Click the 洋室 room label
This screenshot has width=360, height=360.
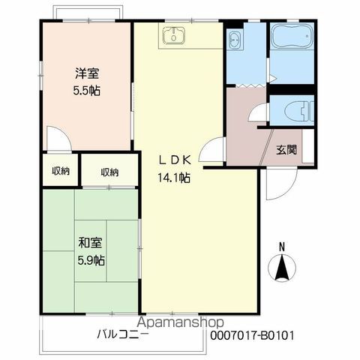click(x=87, y=73)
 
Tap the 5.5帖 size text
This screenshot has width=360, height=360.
click(x=87, y=91)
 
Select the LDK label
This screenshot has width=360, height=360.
click(x=175, y=160)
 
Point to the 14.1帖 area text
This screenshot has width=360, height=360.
click(x=174, y=178)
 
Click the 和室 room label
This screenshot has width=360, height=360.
click(x=90, y=243)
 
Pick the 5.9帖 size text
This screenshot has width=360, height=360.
click(x=91, y=260)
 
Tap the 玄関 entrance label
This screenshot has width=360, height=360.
click(x=286, y=149)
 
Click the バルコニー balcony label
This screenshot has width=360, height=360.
click(x=122, y=334)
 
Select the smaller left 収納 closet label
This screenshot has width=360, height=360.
click(x=61, y=171)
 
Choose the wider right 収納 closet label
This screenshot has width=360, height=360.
click(x=109, y=172)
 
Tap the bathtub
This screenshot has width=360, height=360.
click(x=292, y=35)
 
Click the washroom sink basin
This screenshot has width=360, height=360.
click(x=235, y=40)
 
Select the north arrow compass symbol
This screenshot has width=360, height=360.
click(x=282, y=268)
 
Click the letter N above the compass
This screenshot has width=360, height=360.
click(x=282, y=247)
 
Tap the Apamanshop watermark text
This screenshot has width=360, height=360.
click(x=181, y=322)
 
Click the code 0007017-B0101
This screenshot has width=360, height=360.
click(x=252, y=335)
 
